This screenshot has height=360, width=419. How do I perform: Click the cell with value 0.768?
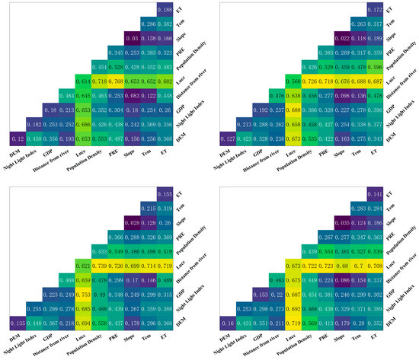[117, 80]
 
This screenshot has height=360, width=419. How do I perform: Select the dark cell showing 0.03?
[131, 37]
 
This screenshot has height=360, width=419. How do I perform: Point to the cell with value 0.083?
[131, 94]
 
